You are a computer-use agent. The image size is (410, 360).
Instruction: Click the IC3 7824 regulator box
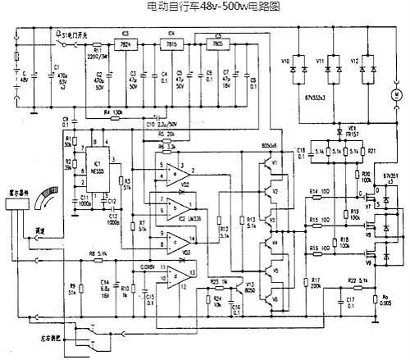[x=125, y=44]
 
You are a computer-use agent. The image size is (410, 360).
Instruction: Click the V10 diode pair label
[x=285, y=61]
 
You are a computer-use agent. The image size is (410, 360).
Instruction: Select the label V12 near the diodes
[x=353, y=61]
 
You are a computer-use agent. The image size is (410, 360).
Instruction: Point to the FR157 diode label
[x=350, y=133]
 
